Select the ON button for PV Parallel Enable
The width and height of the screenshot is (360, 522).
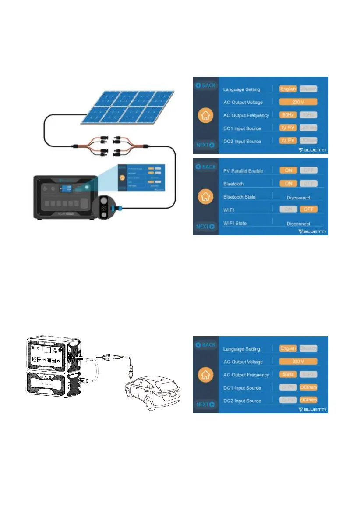288,170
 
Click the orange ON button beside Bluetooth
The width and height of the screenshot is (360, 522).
288,184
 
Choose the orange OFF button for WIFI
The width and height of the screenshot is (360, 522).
308,210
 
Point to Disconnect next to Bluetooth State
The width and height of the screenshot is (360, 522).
298,198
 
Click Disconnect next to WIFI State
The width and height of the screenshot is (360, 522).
298,224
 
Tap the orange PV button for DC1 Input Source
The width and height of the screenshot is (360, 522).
288,128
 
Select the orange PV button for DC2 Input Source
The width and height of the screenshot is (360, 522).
288,141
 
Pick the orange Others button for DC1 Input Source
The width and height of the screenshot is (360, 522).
308,387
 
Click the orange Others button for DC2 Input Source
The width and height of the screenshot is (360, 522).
308,400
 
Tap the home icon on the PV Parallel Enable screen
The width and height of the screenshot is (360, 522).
204,197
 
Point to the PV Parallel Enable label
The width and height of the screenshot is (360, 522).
243,171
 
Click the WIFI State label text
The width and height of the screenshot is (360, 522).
235,223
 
